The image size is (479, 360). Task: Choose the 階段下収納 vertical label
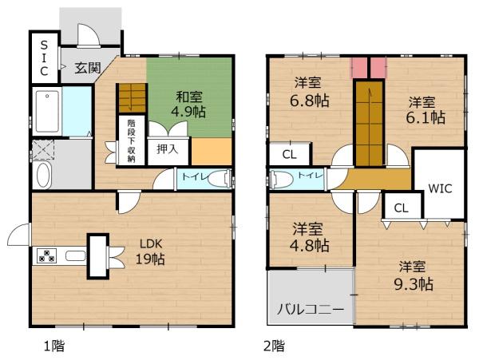tap(131, 141)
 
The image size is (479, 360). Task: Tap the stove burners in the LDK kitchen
tap(46, 256)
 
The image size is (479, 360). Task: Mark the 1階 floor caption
tap(54, 346)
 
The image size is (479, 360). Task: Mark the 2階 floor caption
tap(274, 346)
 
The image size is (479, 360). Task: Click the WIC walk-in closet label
tap(441, 190)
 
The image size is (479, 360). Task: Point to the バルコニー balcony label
tap(311, 309)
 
